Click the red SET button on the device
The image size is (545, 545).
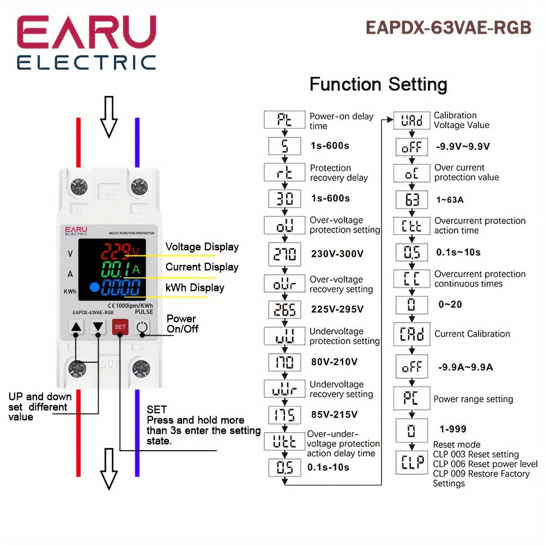[x=120, y=328]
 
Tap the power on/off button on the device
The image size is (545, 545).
[x=142, y=328]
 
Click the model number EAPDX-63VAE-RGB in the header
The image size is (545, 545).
[x=448, y=27]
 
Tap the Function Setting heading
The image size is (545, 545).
[x=378, y=84]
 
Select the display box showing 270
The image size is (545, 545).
[x=284, y=253]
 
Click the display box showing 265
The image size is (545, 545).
[x=284, y=310]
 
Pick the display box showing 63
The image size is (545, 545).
[x=412, y=199]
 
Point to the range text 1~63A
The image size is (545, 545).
[x=450, y=200]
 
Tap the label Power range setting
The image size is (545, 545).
[x=473, y=399]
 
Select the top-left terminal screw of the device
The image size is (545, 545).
[x=79, y=187]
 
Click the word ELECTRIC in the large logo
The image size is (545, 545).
[x=86, y=62]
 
